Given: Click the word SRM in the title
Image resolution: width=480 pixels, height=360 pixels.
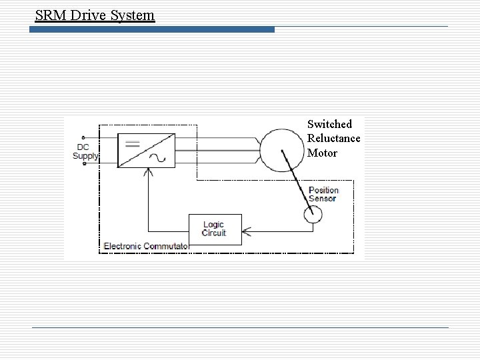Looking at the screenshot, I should click(49, 14).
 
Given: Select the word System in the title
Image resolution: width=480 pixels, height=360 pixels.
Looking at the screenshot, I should click(133, 14).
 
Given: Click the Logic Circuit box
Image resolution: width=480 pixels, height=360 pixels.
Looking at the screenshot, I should click(215, 229).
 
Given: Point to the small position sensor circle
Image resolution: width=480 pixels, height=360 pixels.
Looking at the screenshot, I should click(313, 214).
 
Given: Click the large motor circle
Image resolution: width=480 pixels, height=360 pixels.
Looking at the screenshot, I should click(282, 149).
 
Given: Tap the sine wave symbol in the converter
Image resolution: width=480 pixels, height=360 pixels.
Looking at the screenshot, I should click(162, 158).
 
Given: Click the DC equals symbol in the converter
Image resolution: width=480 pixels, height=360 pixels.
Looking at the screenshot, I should click(131, 143).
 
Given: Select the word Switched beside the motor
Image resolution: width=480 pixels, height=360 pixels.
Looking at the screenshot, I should click(329, 124).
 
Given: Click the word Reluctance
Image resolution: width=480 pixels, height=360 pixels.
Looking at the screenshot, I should click(334, 138).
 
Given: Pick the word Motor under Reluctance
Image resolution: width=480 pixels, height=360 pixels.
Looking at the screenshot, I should click(323, 153).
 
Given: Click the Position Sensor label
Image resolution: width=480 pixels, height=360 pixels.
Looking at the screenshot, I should click(323, 195).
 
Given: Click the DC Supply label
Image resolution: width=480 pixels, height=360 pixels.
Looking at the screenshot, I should click(85, 152).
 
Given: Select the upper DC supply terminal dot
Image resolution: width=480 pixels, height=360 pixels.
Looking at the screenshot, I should click(83, 139).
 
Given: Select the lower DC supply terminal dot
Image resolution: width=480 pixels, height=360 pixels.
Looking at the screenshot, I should click(83, 163).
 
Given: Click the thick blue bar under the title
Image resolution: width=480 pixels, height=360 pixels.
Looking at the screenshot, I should click(154, 29).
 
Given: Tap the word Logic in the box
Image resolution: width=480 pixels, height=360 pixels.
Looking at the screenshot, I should click(214, 225).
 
